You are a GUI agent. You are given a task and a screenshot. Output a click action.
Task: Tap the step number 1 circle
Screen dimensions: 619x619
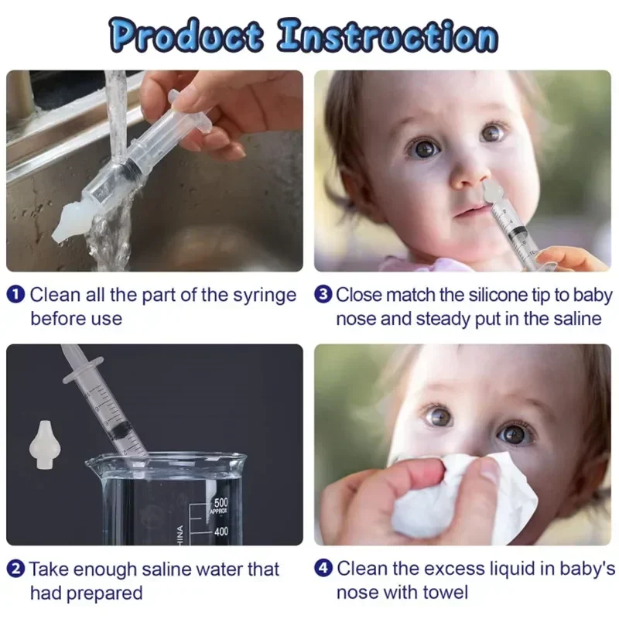17,295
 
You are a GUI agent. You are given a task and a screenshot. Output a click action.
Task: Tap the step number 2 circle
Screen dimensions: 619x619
17,569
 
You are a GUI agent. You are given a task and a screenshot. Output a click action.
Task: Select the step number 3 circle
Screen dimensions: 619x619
323,295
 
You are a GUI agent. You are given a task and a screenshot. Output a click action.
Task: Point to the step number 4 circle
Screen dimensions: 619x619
323,569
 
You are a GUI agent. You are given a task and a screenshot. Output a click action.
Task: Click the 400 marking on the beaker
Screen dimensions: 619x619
222,532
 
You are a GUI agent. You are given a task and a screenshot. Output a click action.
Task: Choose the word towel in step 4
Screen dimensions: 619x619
444,593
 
